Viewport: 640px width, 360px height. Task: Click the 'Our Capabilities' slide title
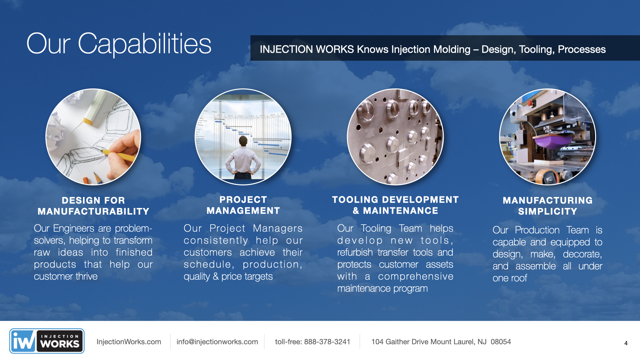(119, 44)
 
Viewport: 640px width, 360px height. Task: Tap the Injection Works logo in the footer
(47, 341)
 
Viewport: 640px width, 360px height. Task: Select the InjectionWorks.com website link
(129, 342)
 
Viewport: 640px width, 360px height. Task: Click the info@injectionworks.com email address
(217, 342)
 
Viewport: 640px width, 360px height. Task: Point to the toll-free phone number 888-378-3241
(327, 342)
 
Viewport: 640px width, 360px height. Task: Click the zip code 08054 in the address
(501, 342)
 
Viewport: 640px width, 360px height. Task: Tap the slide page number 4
(626, 343)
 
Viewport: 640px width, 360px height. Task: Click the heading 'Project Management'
(243, 205)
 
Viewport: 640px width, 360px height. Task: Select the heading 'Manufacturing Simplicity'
(548, 206)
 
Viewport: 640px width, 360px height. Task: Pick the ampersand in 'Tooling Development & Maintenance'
(356, 211)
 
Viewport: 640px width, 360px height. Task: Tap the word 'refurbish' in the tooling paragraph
(355, 252)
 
